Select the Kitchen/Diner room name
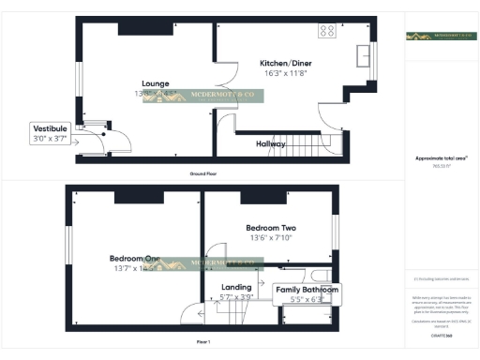[286, 64]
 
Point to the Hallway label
[271, 144]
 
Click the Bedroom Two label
[271, 228]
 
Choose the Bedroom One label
[133, 259]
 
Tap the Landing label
[236, 287]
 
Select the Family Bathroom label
[307, 292]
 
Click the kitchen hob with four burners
[328, 30]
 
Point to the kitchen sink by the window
[362, 58]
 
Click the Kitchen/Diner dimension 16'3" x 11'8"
[286, 73]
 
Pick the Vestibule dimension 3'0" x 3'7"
[50, 139]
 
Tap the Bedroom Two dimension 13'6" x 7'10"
[271, 238]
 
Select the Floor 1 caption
[203, 342]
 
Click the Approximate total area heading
[442, 159]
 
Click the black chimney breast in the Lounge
[138, 27]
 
